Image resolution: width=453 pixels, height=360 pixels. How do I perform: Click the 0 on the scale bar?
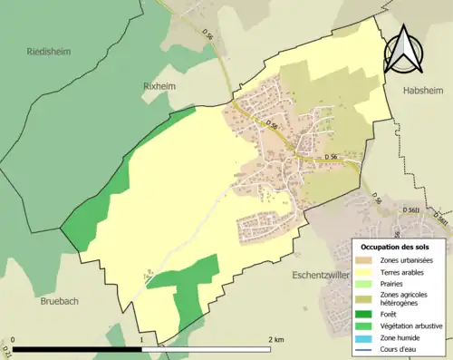click(14, 340)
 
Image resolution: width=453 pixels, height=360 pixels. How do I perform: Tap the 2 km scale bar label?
click(276, 340)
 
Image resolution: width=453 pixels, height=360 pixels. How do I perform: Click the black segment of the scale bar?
click(77, 349)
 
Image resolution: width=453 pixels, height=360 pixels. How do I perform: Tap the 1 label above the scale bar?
click(142, 340)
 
